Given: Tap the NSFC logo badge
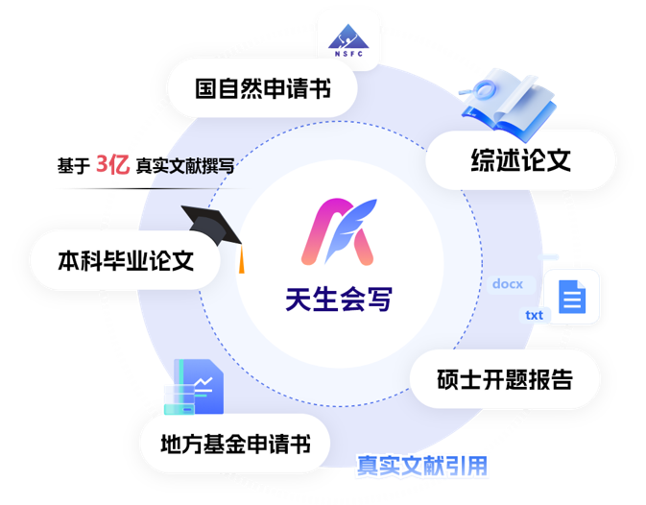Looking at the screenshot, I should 347,35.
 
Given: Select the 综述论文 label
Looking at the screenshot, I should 520,159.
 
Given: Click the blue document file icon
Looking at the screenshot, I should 572,297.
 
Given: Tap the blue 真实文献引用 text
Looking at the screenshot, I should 422,467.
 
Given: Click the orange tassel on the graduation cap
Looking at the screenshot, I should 242,256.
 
